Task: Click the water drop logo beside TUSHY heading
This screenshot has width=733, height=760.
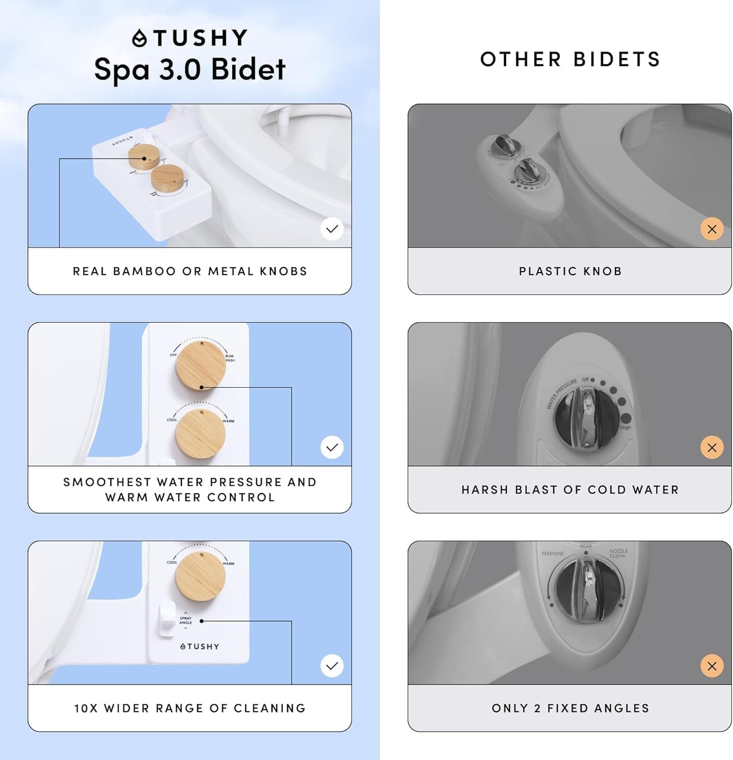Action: [139, 38]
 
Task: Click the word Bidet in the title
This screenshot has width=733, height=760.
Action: [248, 69]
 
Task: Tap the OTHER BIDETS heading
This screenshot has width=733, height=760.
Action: [570, 59]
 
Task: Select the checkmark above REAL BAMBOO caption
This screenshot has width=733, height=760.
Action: [332, 229]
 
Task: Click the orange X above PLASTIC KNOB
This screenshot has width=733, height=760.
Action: [712, 229]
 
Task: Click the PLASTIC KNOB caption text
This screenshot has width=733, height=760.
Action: [570, 271]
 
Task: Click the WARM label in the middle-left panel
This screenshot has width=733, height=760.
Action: [228, 421]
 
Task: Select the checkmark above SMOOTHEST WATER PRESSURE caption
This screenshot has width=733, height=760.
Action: [332, 447]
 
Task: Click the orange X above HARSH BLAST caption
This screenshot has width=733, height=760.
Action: [712, 447]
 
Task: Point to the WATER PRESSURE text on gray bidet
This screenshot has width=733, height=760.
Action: [561, 394]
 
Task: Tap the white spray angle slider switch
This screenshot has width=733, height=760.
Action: [167, 619]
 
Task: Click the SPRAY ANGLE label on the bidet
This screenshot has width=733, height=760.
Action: [186, 620]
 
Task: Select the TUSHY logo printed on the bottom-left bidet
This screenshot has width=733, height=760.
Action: [200, 647]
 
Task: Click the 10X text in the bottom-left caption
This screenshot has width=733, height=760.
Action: [86, 708]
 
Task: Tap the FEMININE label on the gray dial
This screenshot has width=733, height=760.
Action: [553, 554]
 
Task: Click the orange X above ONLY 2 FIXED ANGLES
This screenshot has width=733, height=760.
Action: [712, 666]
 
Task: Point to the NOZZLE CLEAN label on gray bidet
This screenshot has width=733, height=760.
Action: [618, 553]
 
